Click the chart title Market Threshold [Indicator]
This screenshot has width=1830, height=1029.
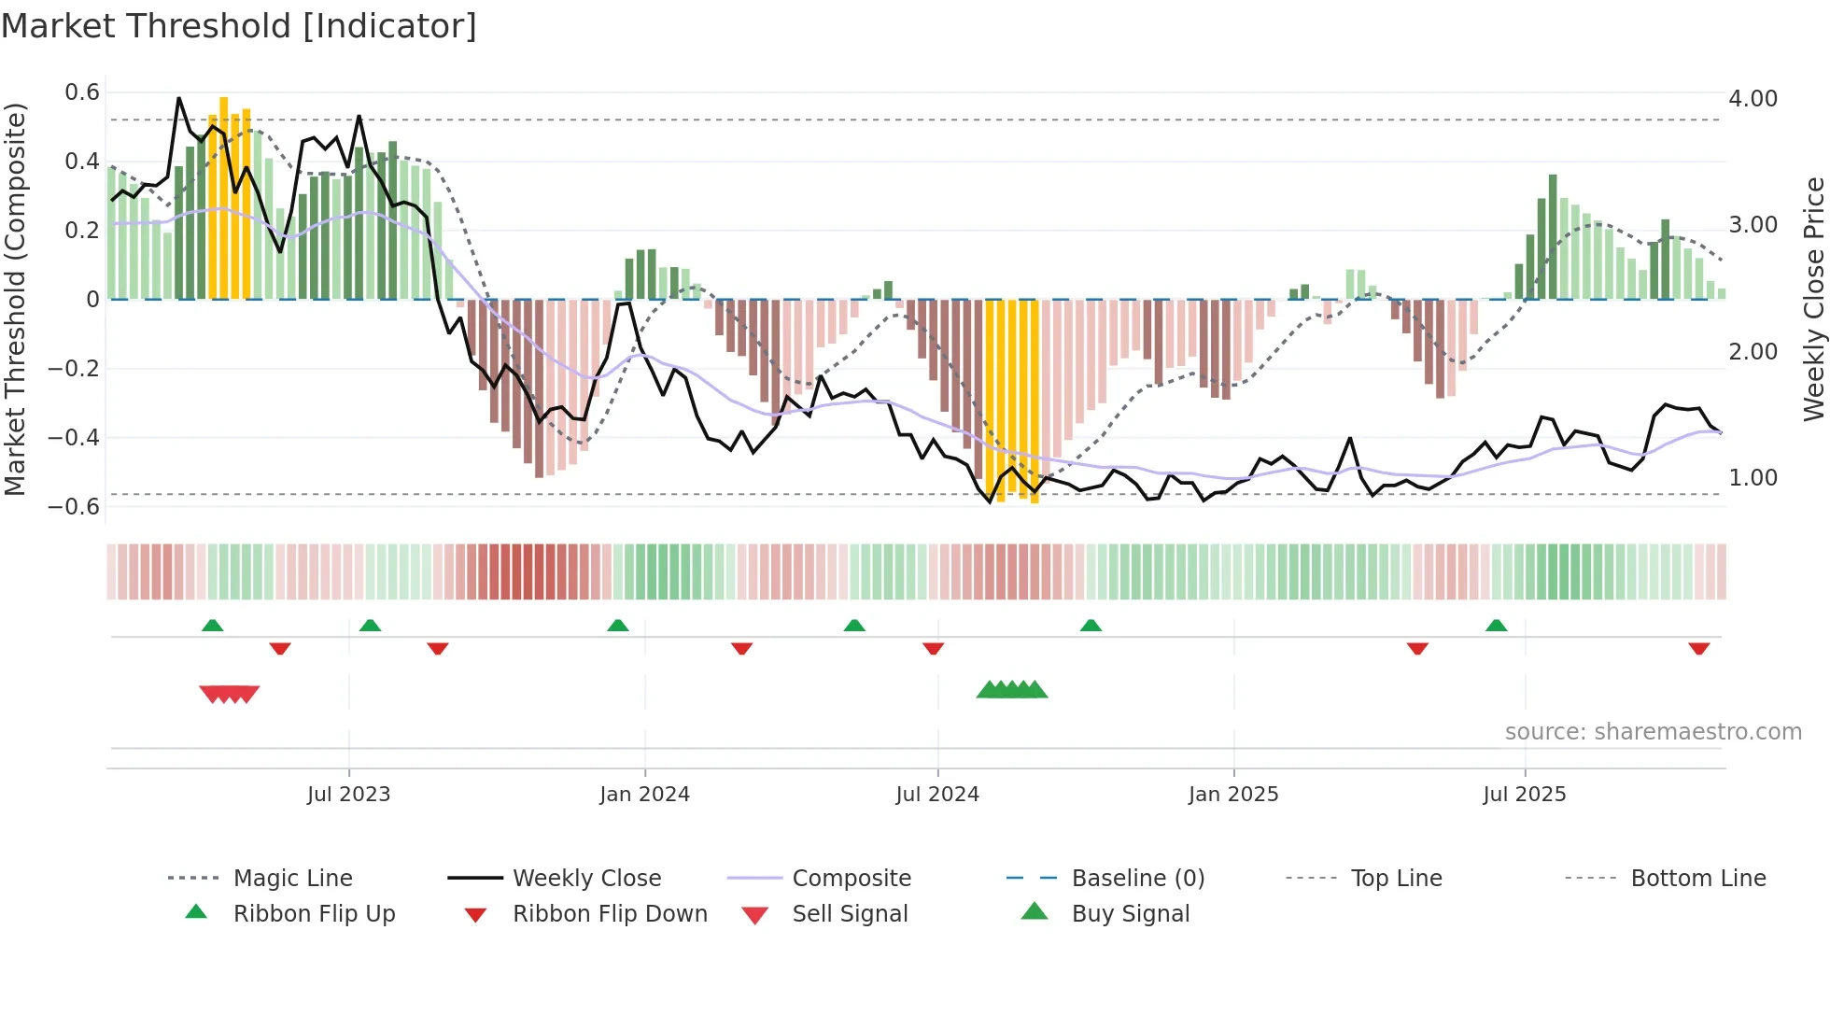(239, 26)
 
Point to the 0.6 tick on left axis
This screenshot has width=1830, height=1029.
(82, 92)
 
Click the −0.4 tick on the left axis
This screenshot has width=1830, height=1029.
(74, 437)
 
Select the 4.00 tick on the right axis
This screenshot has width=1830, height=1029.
(1753, 99)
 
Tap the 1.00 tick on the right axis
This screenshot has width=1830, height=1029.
(1753, 478)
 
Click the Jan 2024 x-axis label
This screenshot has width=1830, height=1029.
(644, 795)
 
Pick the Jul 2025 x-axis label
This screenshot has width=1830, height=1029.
(1524, 795)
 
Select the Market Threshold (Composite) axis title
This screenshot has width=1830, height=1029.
(15, 299)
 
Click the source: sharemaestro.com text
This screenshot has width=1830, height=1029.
(1653, 732)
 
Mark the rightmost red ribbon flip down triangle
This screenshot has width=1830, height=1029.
(1698, 648)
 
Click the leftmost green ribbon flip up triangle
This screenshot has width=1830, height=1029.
(212, 626)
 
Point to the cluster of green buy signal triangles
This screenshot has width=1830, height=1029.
(1012, 690)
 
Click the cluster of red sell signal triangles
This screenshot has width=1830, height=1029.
(229, 694)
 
